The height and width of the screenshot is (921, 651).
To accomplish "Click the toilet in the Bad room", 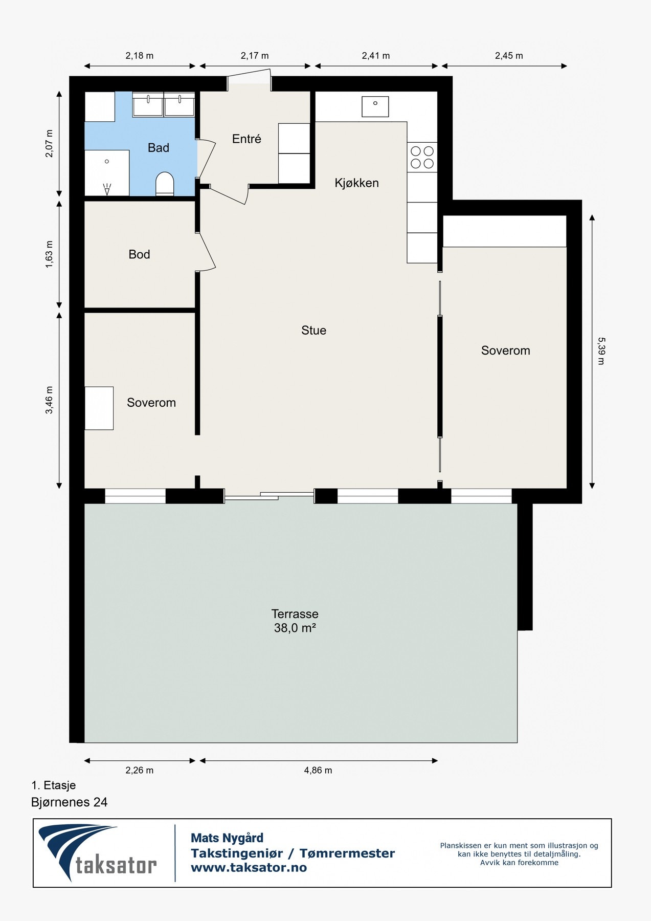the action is click(x=165, y=184).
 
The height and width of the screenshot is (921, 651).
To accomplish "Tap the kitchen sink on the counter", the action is click(x=375, y=106).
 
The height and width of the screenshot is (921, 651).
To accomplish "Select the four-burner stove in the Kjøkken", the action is click(x=422, y=157).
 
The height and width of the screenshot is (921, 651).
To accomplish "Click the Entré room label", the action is click(x=246, y=139).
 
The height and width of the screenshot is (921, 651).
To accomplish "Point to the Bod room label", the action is click(x=139, y=254).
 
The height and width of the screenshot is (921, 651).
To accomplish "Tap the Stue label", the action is click(x=313, y=331).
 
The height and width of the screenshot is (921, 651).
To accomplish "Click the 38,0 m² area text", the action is click(x=295, y=628).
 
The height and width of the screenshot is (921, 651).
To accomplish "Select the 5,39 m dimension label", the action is click(x=601, y=350).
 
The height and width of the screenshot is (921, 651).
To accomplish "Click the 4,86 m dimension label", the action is click(x=318, y=770).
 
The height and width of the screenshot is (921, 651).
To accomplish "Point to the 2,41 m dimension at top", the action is click(x=376, y=56).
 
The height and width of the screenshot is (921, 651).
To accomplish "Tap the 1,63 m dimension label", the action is click(x=49, y=254).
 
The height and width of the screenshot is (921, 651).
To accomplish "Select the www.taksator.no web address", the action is click(x=249, y=867).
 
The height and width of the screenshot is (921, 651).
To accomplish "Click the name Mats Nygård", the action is click(x=227, y=838).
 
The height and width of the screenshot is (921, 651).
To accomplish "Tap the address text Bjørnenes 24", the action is click(x=70, y=802).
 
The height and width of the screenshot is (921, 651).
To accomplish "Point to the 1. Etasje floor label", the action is click(x=54, y=785).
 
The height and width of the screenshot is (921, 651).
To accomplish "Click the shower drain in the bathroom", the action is click(x=107, y=161).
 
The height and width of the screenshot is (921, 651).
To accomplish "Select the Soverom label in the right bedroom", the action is click(x=505, y=350).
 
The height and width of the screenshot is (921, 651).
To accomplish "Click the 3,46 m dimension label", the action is click(x=49, y=401).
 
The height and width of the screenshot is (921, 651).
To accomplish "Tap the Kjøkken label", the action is click(x=356, y=183).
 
